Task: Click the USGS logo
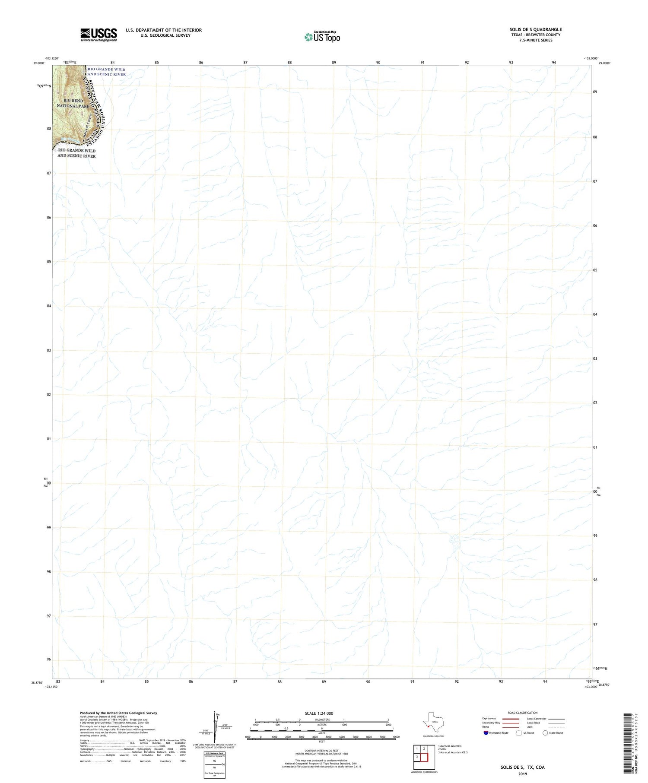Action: pos(98,35)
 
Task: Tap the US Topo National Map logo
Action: pos(322,37)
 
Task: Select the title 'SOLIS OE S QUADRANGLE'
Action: pos(535,29)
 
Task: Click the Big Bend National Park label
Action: pos(73,103)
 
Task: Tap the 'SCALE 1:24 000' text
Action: pos(319,713)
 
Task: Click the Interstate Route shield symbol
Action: pos(486,733)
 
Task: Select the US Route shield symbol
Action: pos(519,733)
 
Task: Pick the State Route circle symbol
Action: pos(545,733)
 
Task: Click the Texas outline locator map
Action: pos(432,722)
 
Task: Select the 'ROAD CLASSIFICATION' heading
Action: pos(522,713)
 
